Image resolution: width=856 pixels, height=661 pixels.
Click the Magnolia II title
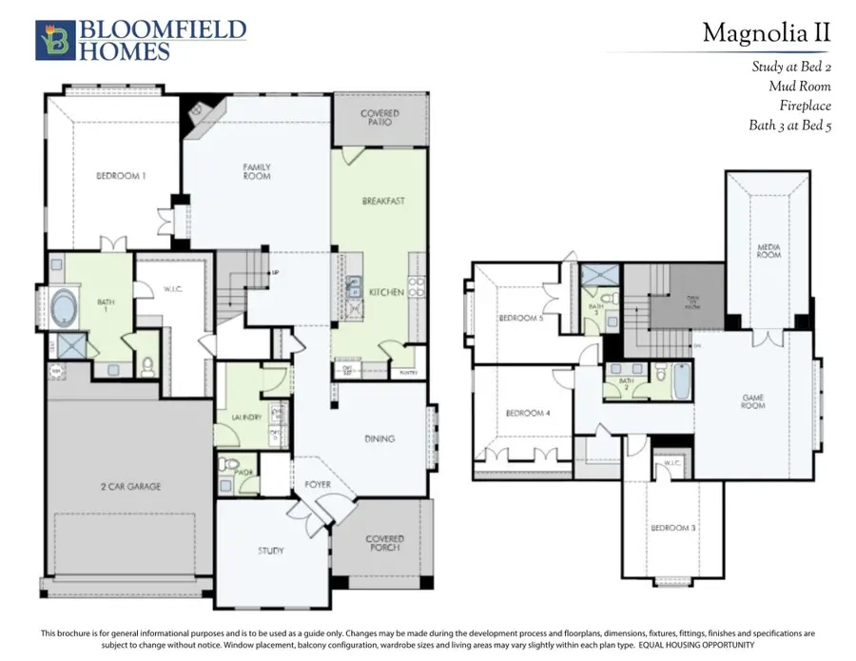tap(766, 33)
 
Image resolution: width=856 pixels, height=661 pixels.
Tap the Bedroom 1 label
tap(120, 175)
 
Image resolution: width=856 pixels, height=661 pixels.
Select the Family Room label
tap(257, 171)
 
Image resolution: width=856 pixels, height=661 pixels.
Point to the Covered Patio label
tap(379, 119)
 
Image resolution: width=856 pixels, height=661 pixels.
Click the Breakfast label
tap(383, 201)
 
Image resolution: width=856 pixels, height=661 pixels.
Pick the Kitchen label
tap(386, 291)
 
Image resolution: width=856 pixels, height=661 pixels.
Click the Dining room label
tap(379, 438)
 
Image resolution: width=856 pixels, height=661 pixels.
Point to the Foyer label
tap(317, 484)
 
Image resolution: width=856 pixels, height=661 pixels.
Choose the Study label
tap(271, 551)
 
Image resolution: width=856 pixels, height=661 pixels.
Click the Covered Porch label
tap(384, 545)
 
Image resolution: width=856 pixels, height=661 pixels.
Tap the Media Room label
tap(768, 251)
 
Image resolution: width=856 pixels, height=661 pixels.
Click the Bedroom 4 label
tap(526, 413)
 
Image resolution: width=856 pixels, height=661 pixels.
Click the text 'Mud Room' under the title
tap(800, 87)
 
